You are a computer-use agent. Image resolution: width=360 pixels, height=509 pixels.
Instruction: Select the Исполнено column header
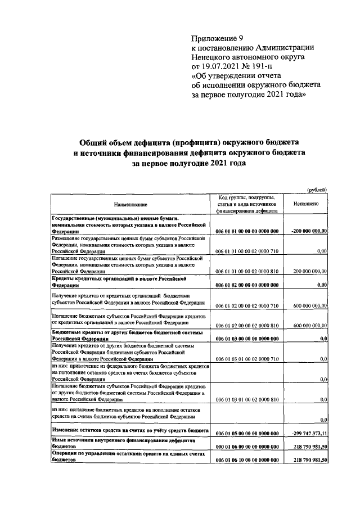307,205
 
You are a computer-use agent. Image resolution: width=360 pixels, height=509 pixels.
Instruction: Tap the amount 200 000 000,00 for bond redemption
308,271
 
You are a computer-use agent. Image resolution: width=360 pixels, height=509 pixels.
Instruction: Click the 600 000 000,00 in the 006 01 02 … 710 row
308,305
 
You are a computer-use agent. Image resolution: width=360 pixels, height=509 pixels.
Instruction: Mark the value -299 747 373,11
309,434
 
